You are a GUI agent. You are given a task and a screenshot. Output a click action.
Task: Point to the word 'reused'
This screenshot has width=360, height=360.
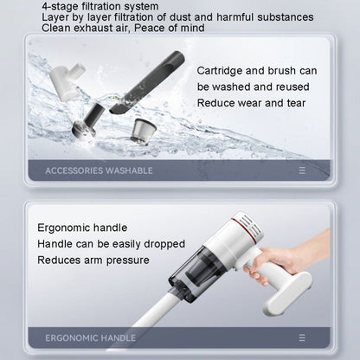(299, 86)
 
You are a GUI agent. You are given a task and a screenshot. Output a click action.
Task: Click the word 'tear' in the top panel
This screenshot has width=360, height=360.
(302, 103)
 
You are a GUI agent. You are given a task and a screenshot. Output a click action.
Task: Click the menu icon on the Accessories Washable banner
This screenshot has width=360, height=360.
(301, 170)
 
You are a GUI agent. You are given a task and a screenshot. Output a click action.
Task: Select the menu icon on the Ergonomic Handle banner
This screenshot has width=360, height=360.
(301, 337)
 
